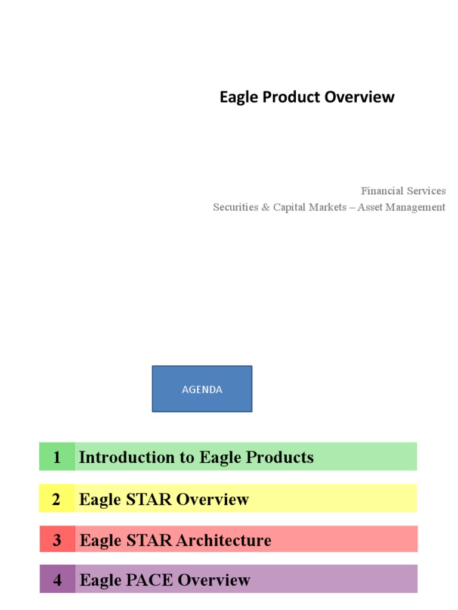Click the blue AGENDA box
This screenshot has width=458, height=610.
pyautogui.click(x=202, y=389)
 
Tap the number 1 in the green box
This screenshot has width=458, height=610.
pyautogui.click(x=57, y=457)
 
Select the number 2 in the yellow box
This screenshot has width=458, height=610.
pyautogui.click(x=56, y=499)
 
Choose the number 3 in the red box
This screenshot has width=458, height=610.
pyautogui.click(x=57, y=540)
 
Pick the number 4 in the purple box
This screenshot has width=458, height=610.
pyautogui.click(x=57, y=580)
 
